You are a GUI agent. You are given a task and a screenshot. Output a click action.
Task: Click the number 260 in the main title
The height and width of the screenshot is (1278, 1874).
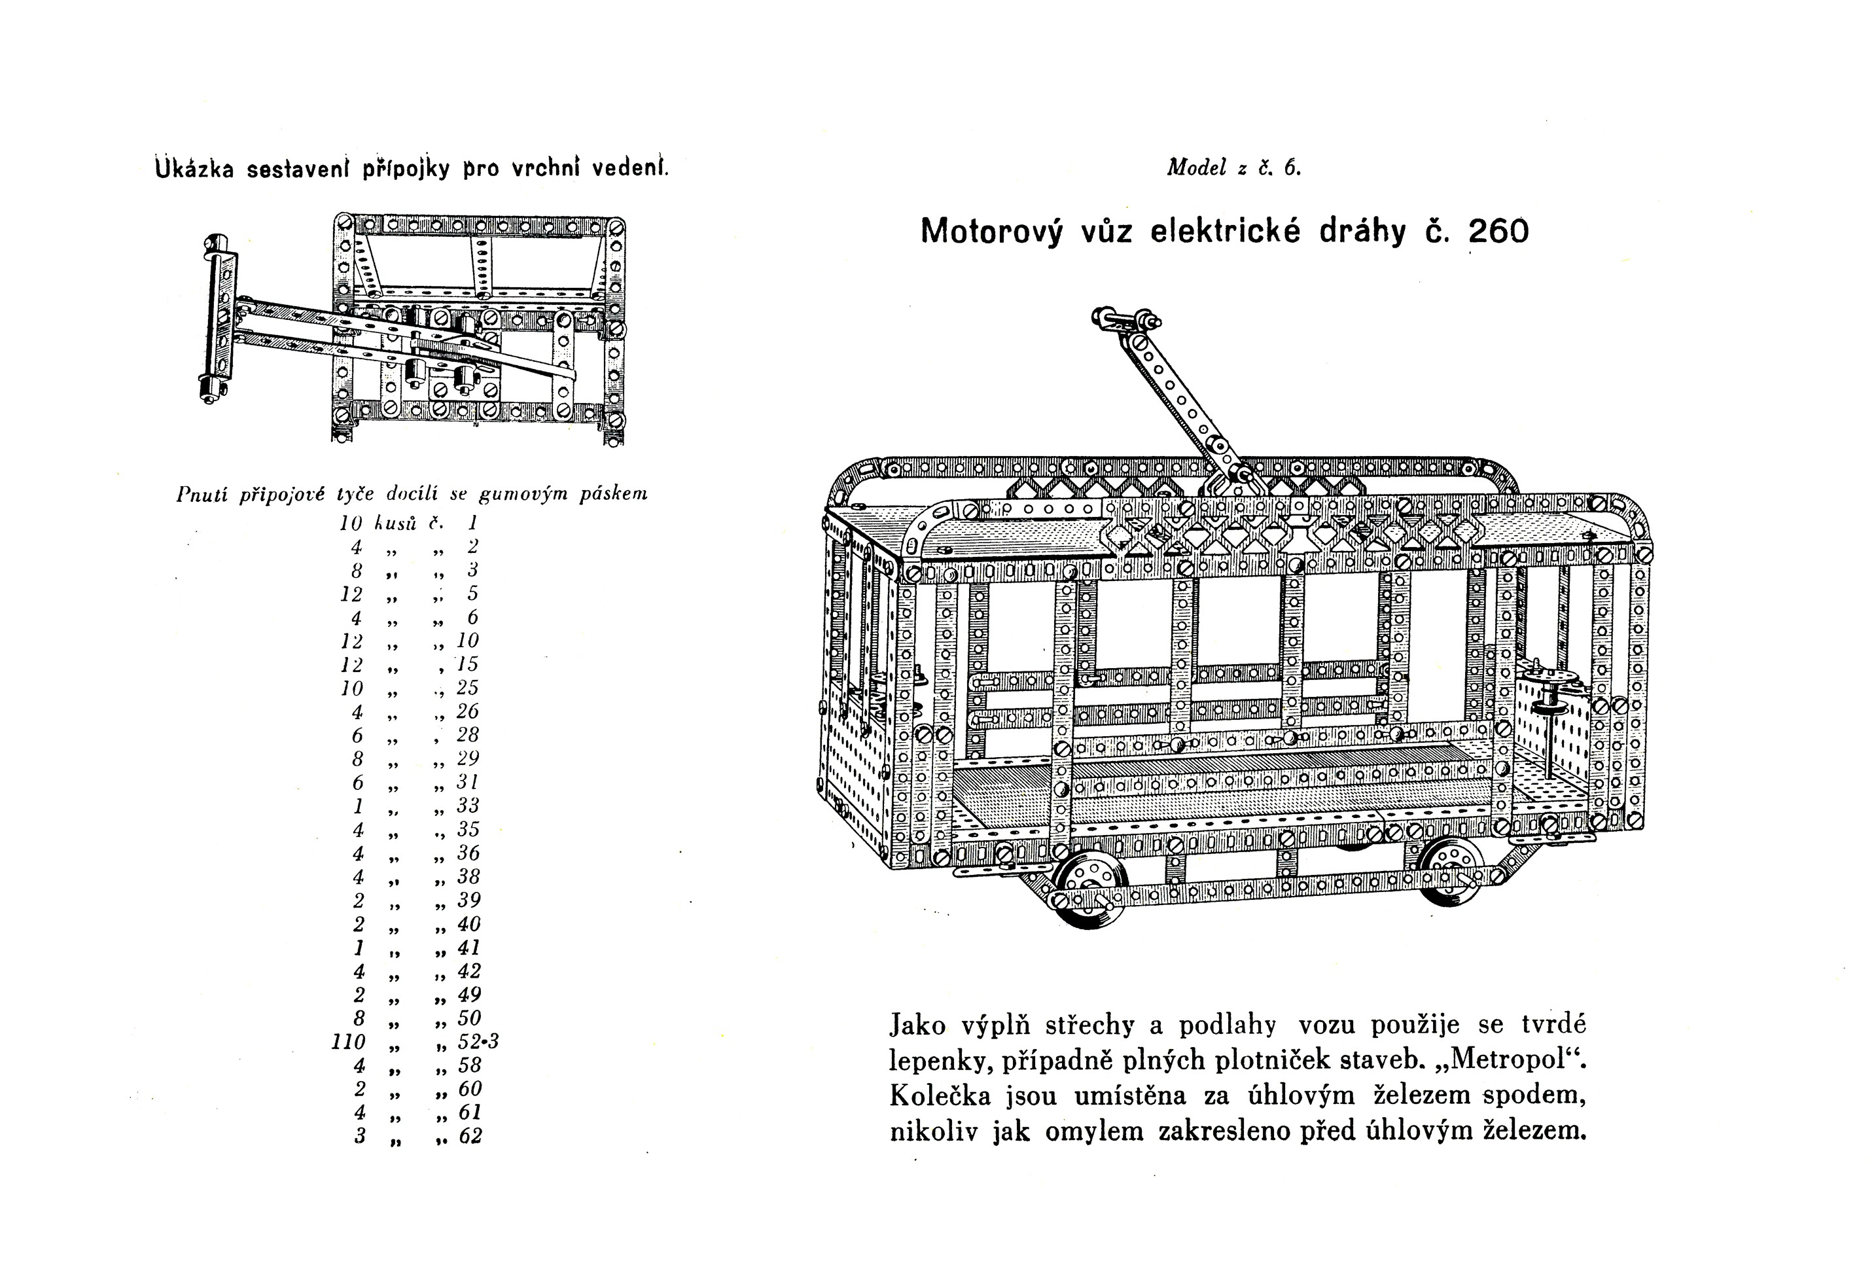tap(1498, 232)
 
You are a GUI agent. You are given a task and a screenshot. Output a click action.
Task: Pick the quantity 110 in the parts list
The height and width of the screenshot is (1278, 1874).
tap(348, 1042)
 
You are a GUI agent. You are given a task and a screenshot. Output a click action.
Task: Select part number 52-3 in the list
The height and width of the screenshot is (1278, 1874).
tap(478, 1042)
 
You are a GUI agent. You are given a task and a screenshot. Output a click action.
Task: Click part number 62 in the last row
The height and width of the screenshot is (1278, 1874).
tap(469, 1136)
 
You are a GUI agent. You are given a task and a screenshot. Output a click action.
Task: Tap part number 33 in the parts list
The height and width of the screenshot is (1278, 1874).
tap(468, 806)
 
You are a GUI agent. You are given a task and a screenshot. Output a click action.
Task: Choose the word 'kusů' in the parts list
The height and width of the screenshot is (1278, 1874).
tap(395, 524)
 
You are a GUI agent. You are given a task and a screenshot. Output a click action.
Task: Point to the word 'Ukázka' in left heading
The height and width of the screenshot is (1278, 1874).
tap(194, 169)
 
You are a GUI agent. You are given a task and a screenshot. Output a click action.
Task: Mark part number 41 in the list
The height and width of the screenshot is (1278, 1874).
tap(468, 948)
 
